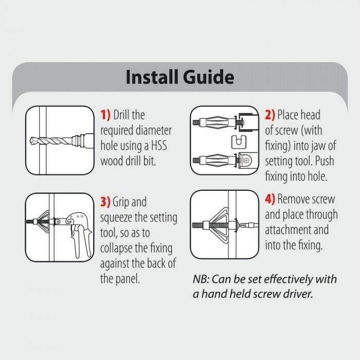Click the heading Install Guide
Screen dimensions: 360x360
click(x=179, y=77)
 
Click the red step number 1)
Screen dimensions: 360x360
click(x=105, y=115)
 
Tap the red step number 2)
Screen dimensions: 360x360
click(x=270, y=115)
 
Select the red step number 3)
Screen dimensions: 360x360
click(x=105, y=202)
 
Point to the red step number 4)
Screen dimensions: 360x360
click(x=270, y=200)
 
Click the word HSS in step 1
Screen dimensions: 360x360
click(x=161, y=146)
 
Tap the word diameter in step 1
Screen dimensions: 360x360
click(x=154, y=131)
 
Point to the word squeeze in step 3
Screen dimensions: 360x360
click(x=118, y=218)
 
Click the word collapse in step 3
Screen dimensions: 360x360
click(x=119, y=248)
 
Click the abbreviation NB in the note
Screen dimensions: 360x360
click(x=201, y=279)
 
